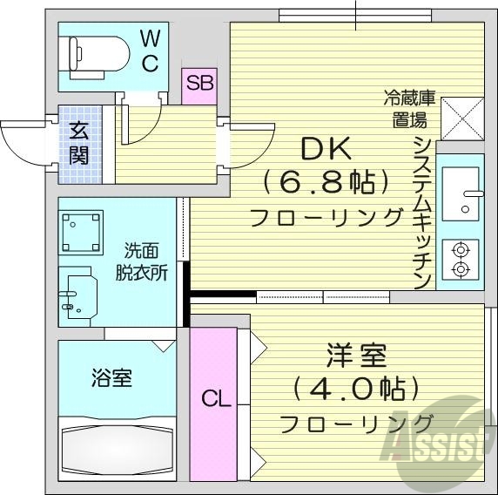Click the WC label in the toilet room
click(x=150, y=50)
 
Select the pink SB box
click(x=199, y=85)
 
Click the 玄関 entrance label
click(x=79, y=144)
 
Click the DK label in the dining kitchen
click(x=326, y=150)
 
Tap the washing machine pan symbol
click(x=81, y=230)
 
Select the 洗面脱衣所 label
click(x=142, y=259)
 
